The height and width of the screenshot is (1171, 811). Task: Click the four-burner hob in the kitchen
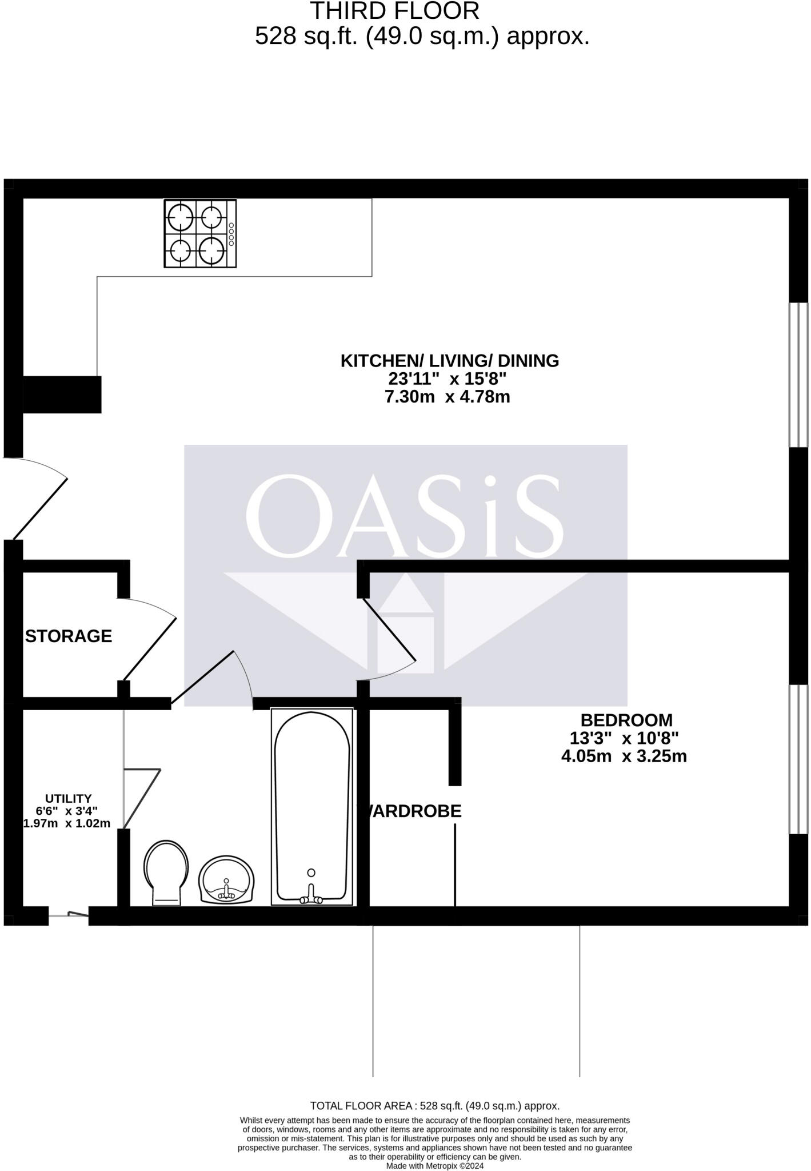(x=200, y=233)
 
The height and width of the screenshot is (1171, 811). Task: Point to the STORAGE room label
(x=69, y=636)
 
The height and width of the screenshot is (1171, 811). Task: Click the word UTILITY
(x=69, y=798)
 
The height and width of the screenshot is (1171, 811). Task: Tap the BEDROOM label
(x=626, y=720)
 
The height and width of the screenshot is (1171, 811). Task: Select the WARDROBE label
(x=412, y=811)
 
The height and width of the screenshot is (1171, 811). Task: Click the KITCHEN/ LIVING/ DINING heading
(x=449, y=361)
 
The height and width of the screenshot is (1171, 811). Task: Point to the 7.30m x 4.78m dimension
(x=447, y=397)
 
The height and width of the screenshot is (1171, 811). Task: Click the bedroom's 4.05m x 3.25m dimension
(x=624, y=756)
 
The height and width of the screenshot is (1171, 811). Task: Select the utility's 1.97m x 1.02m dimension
(x=66, y=823)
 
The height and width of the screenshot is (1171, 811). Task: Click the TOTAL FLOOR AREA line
(x=434, y=1106)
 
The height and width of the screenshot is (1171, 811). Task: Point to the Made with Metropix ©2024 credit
(x=434, y=1165)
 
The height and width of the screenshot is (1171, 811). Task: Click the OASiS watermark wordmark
(x=405, y=516)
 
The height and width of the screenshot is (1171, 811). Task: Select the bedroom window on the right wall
(x=798, y=759)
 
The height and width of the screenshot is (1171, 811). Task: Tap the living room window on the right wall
(x=798, y=375)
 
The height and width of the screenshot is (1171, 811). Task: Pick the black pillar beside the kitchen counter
(x=62, y=395)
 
